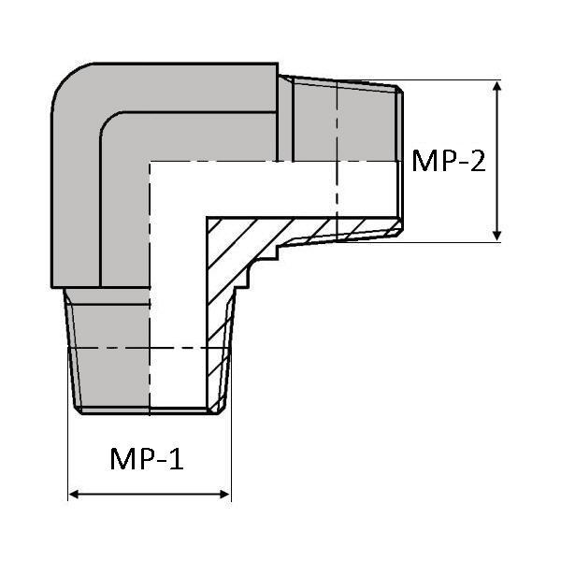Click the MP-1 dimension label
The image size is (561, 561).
pyautogui.click(x=147, y=459)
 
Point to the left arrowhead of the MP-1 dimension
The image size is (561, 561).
pyautogui.click(x=74, y=493)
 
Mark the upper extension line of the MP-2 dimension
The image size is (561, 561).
pyautogui.click(x=449, y=80)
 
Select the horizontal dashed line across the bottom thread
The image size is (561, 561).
pyautogui.click(x=150, y=349)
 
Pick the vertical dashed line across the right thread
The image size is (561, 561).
pyautogui.click(x=337, y=159)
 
